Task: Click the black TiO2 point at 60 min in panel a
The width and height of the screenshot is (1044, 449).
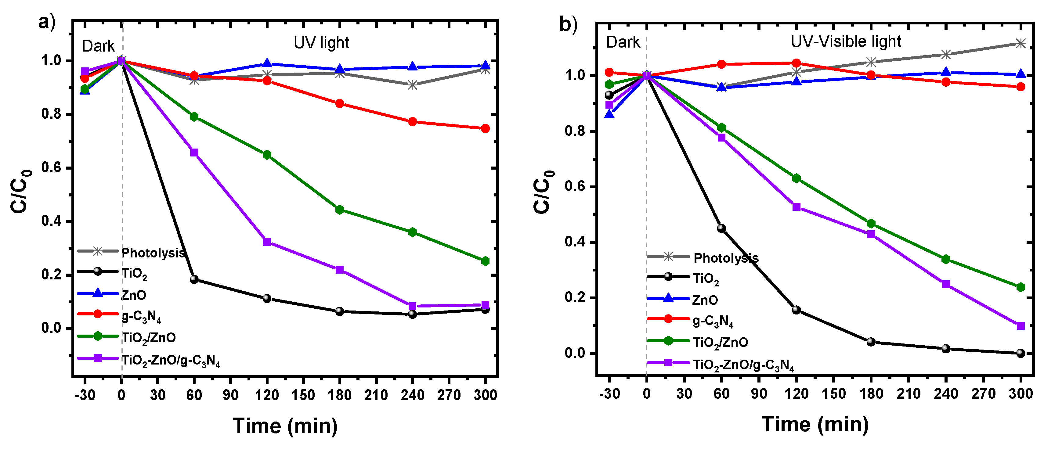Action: coord(194,279)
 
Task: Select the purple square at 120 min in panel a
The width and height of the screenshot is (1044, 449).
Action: coord(267,242)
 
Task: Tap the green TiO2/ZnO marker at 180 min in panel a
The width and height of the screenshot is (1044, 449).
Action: coord(340,210)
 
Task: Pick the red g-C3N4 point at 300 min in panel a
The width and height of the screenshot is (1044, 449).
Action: coord(485,128)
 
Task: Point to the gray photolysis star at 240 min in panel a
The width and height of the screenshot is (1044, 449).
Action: coord(412,85)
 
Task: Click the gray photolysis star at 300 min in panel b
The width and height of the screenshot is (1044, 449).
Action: coord(1021,43)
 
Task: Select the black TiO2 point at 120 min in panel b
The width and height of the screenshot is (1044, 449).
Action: coord(797,310)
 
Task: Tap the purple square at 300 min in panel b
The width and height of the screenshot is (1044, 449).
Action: coord(1021,326)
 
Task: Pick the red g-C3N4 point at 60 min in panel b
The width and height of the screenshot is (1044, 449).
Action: coord(721,64)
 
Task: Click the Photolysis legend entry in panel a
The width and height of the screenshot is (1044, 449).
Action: coord(153,253)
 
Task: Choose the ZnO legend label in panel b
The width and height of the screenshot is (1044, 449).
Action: coord(705,300)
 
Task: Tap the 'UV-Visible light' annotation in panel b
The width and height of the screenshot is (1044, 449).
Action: coord(846,42)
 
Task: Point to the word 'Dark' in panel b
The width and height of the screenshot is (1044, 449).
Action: coord(623,42)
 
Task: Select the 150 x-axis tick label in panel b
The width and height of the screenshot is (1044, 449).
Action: coord(834,393)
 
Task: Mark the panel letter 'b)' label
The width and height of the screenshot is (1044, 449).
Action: coord(568,24)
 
